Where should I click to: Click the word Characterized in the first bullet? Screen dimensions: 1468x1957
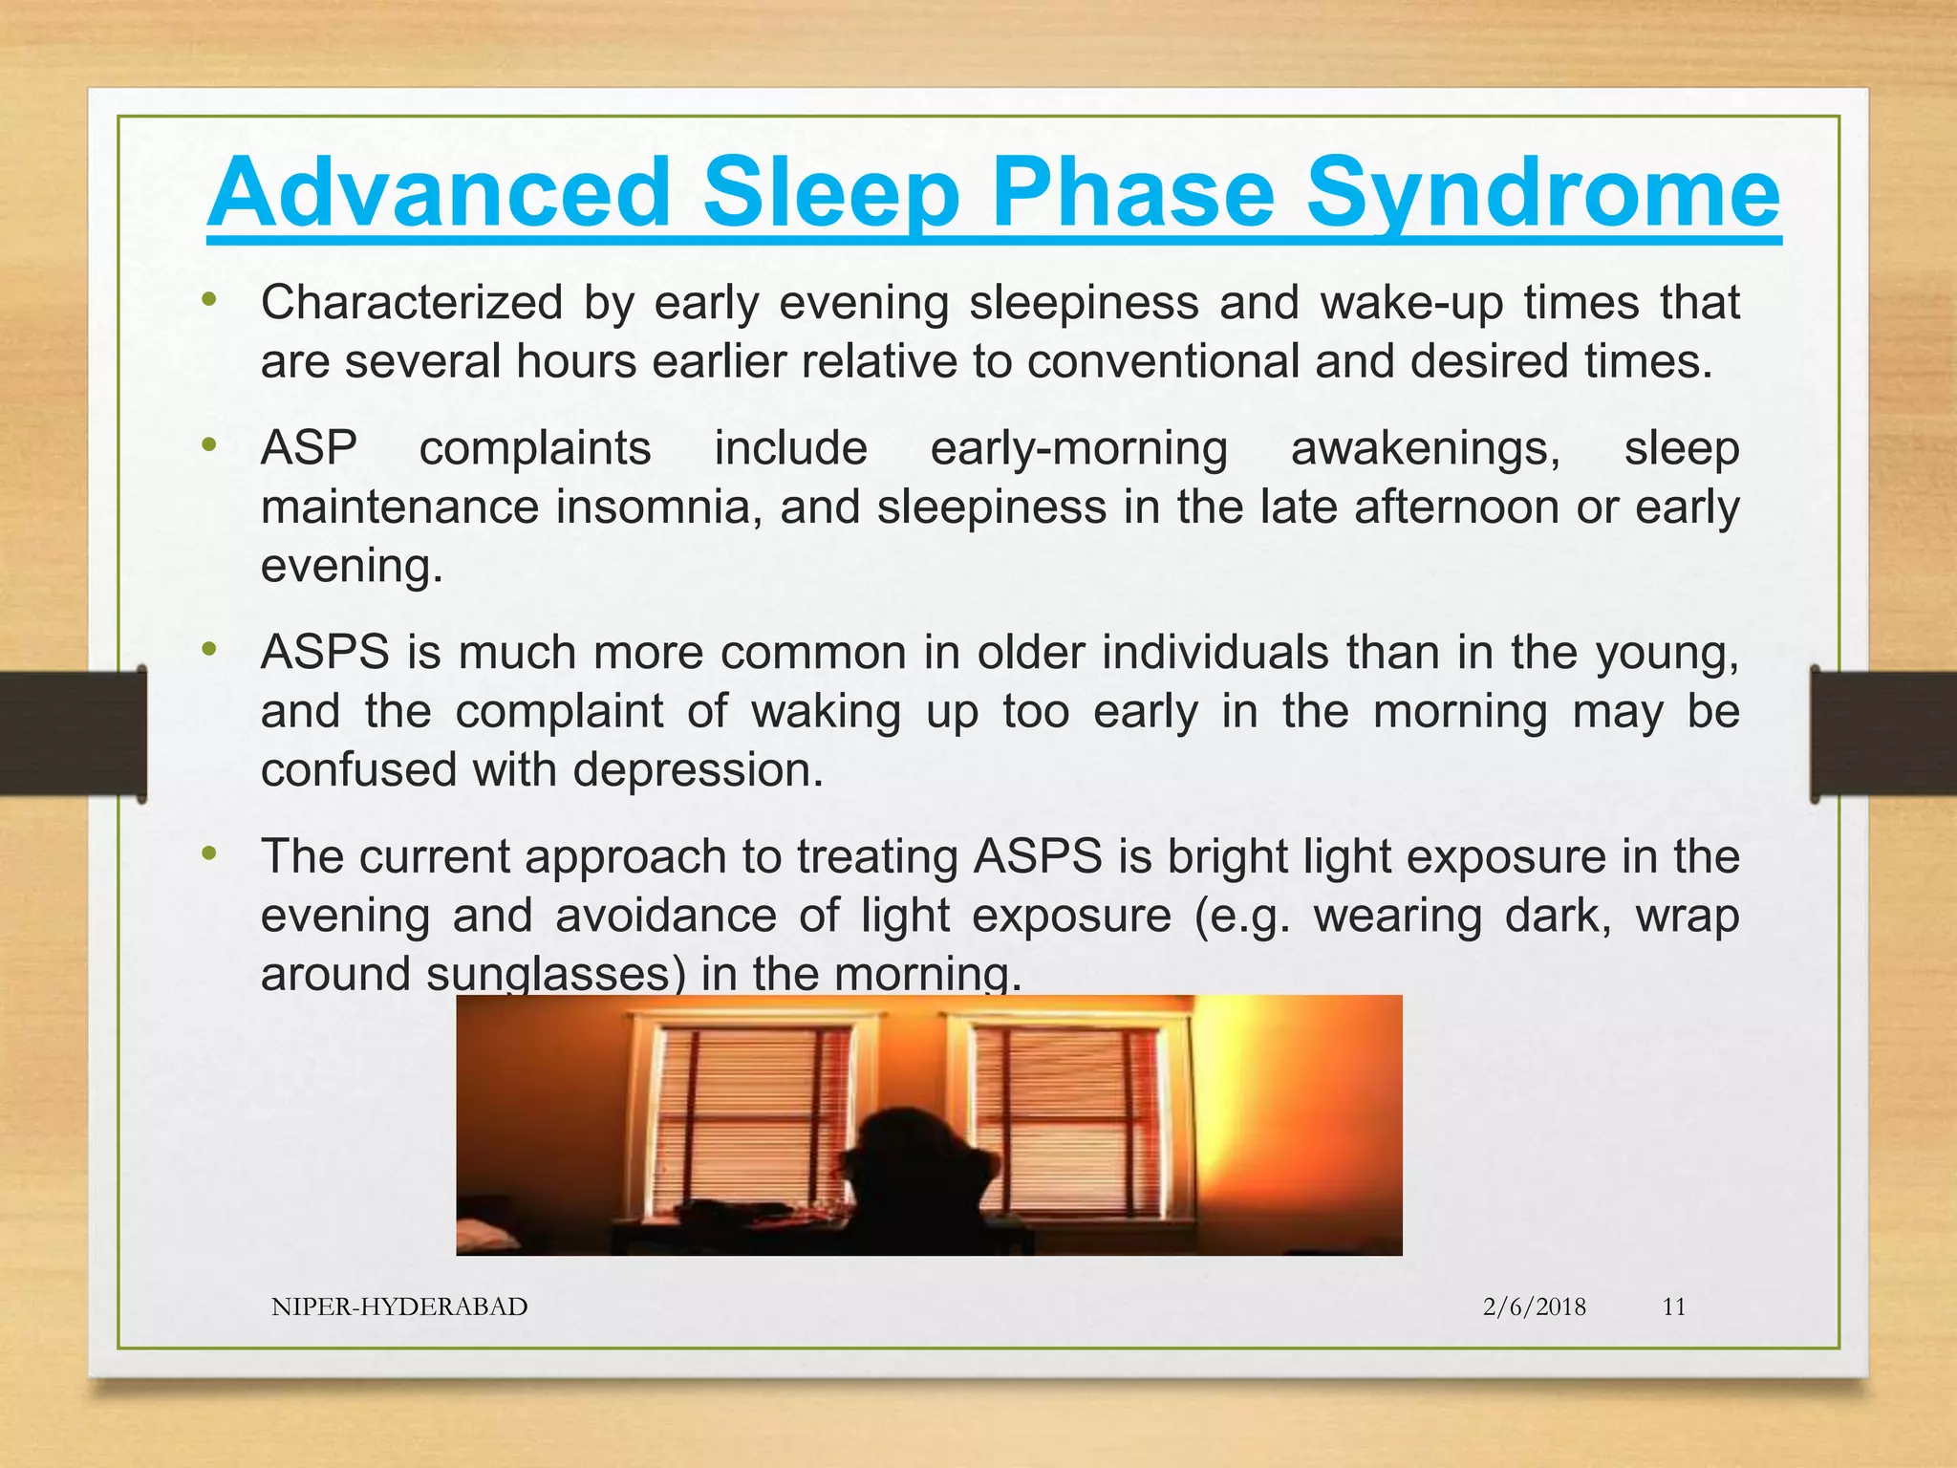[412, 303]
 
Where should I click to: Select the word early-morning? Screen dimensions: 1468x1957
[1079, 448]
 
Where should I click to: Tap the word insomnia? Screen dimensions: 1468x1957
[658, 507]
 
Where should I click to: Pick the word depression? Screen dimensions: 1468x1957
[698, 770]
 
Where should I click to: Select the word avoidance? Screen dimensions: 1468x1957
[665, 916]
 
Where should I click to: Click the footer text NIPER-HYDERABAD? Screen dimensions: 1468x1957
[399, 1306]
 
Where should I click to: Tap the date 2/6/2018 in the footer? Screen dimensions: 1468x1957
[1534, 1306]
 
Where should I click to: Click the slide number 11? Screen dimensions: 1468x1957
[1673, 1306]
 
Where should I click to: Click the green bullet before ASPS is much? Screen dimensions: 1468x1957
[209, 650]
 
